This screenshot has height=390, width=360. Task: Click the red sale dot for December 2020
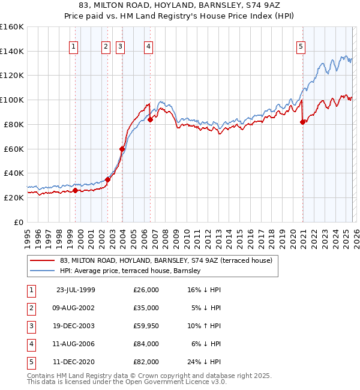(302, 122)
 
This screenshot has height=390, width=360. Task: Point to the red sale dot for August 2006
(150, 119)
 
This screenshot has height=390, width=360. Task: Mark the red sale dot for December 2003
(122, 149)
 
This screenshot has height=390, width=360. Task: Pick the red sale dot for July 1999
(76, 191)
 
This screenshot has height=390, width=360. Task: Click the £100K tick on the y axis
(12, 100)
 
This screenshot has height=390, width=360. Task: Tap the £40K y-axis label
(13, 173)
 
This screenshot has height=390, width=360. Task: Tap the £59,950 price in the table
(146, 326)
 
